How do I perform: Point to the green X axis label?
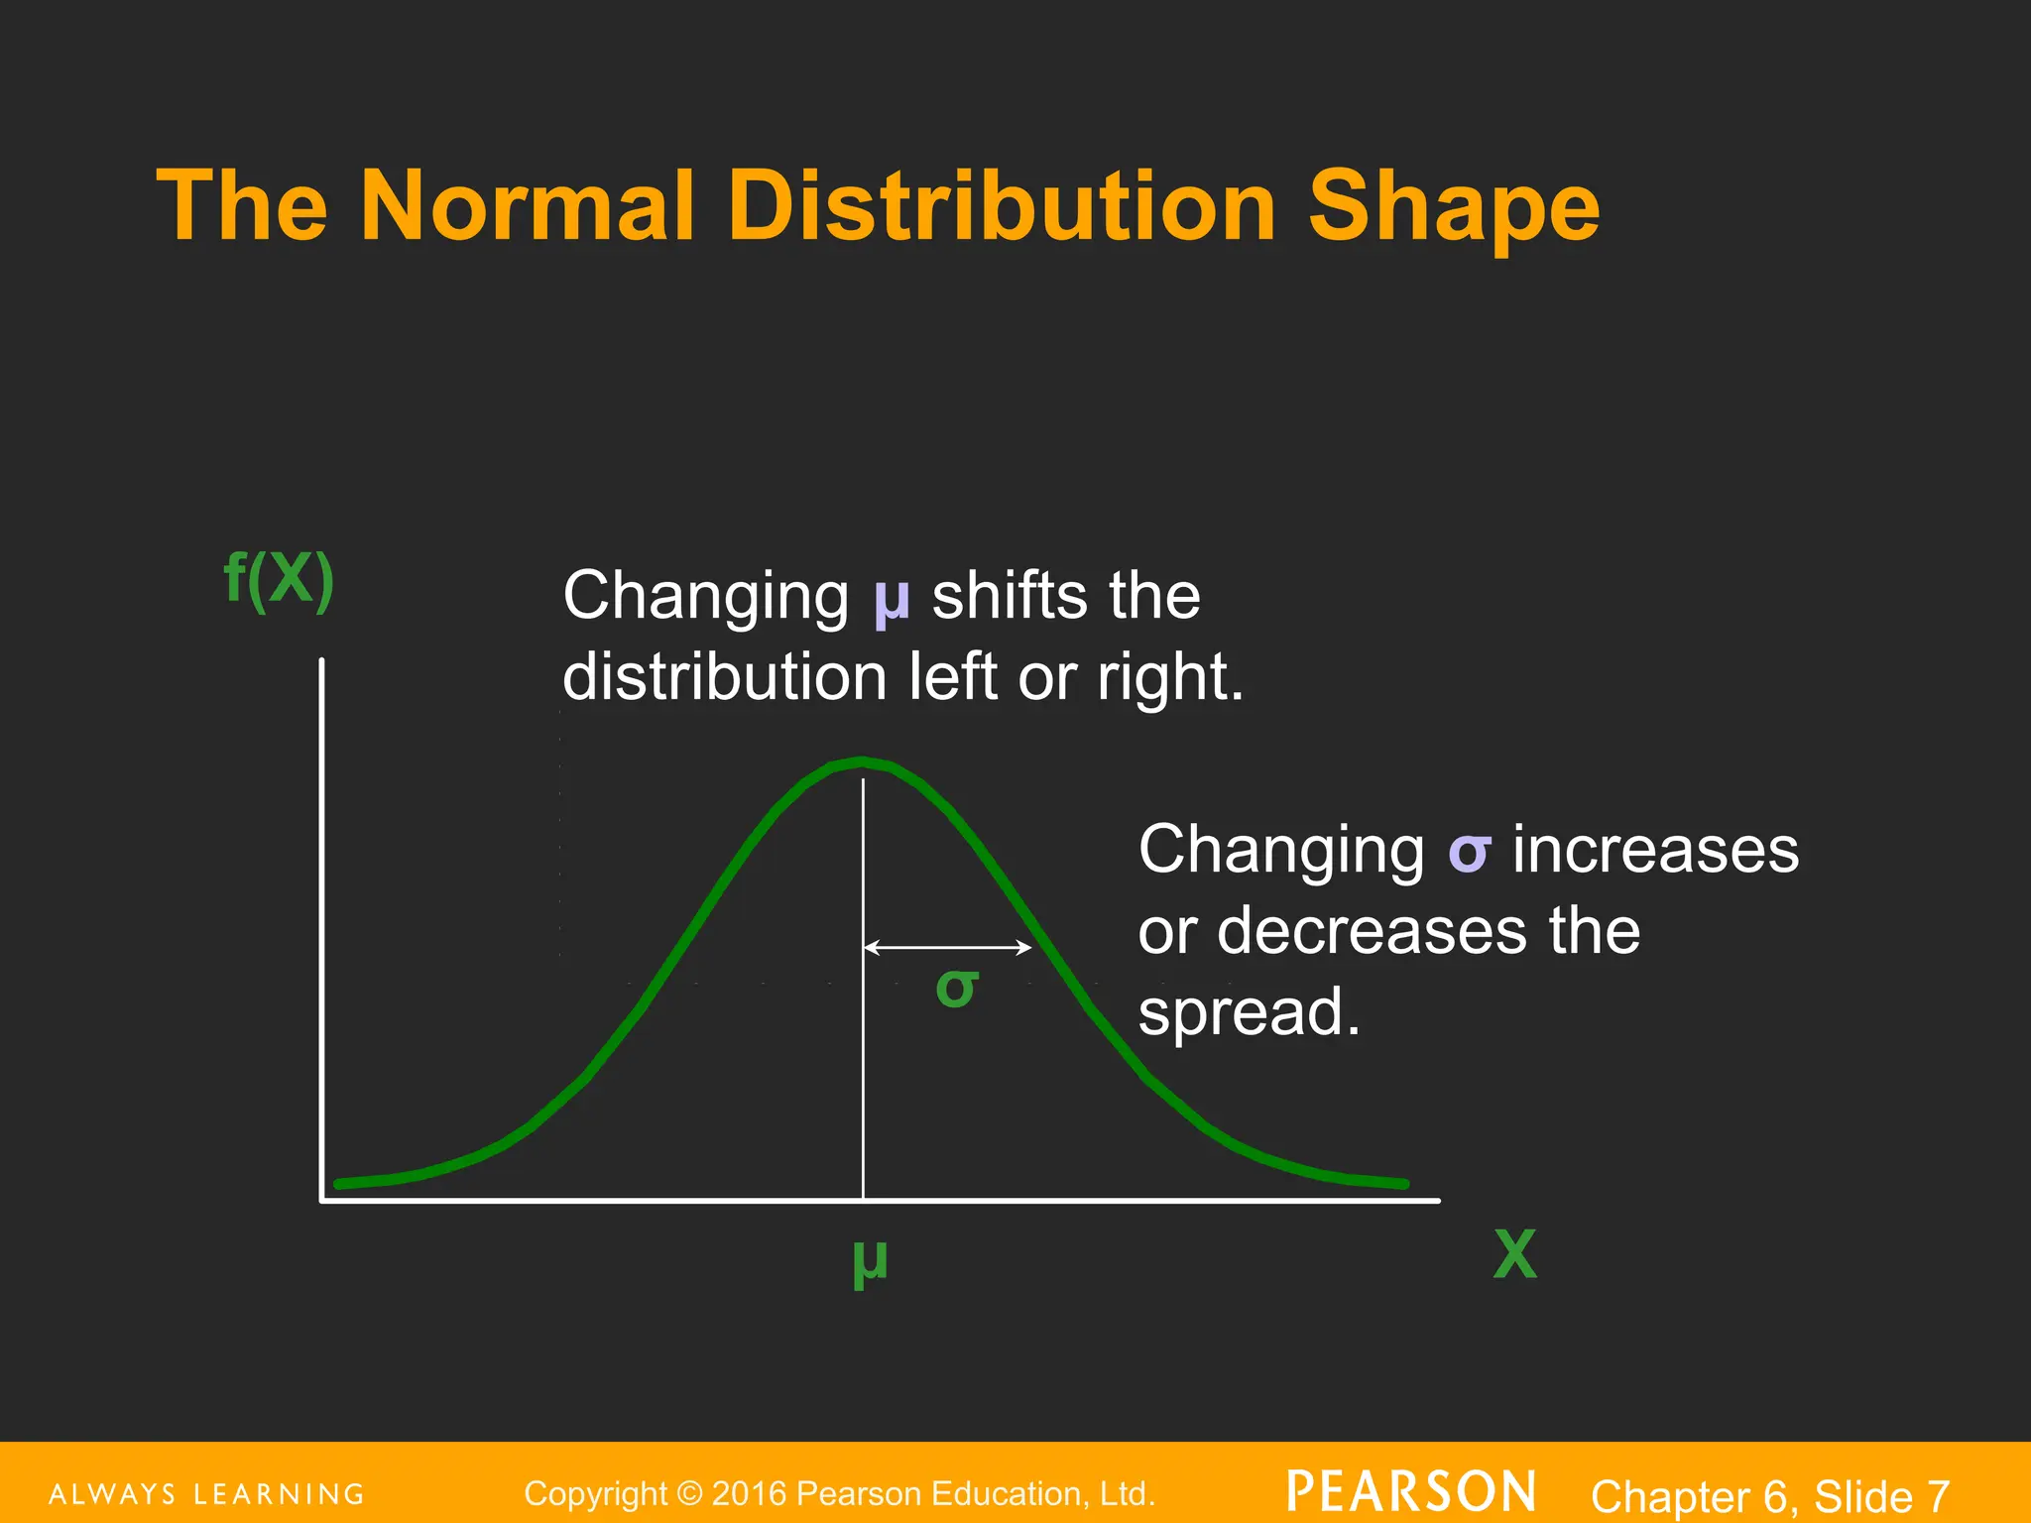pyautogui.click(x=1514, y=1255)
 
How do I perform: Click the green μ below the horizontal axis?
pyautogui.click(x=870, y=1261)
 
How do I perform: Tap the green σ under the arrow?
pyautogui.click(x=957, y=988)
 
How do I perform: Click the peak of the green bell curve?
pyautogui.click(x=862, y=761)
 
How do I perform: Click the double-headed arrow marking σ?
pyautogui.click(x=947, y=948)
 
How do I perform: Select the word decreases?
pyautogui.click(x=1372, y=932)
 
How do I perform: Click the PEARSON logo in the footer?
pyautogui.click(x=1410, y=1492)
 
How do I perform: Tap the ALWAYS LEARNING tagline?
pyautogui.click(x=206, y=1494)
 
